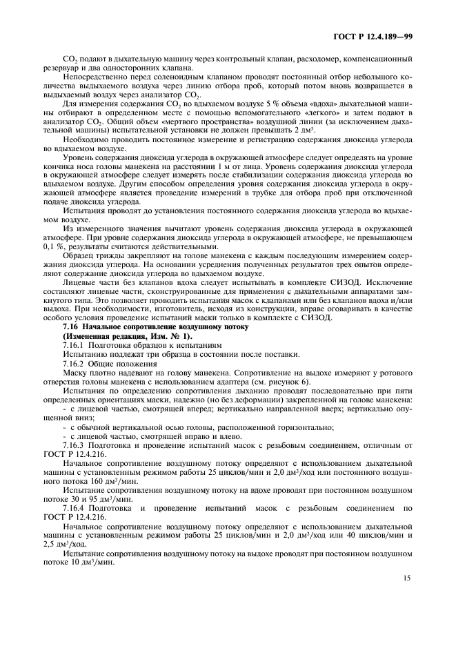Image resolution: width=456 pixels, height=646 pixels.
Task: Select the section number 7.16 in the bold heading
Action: click(x=70, y=326)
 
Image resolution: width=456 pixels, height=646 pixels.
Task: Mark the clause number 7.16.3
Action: click(x=72, y=444)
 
